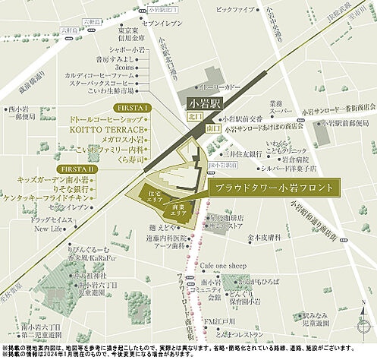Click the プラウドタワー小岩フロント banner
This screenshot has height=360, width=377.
click(274, 187)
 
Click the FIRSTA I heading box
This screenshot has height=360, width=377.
click(140, 107)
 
